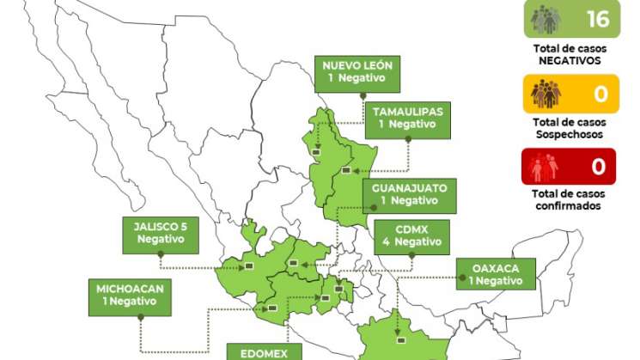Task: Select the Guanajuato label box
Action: [x=409, y=194]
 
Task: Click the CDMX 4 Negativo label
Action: [x=411, y=235]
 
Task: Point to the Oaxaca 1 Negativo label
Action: [x=496, y=273]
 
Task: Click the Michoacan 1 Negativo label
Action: [x=129, y=294]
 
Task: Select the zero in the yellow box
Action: [x=600, y=93]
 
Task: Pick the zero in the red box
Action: [x=599, y=166]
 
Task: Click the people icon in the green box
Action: [x=546, y=19]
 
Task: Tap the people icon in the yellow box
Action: [x=546, y=93]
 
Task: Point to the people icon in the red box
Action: [x=546, y=166]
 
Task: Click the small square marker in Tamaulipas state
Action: [x=345, y=170]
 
